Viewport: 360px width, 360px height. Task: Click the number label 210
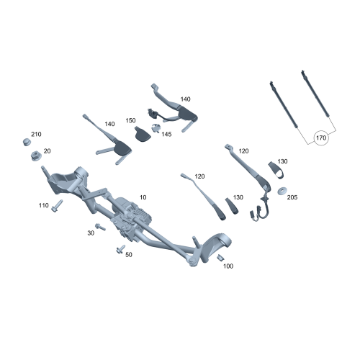[37, 135]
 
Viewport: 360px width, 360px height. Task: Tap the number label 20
[48, 150]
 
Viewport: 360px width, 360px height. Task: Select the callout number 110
[44, 205]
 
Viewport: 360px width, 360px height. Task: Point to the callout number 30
[91, 233]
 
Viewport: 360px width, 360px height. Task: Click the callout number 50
[129, 254]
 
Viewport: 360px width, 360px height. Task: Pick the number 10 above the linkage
[143, 197]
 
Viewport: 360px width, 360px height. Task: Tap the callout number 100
[228, 266]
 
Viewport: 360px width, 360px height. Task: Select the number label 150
[130, 120]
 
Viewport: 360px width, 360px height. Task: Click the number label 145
[166, 134]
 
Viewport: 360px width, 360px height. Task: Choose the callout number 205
[292, 197]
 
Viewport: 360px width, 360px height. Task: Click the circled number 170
[321, 137]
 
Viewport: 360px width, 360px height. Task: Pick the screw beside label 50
[119, 250]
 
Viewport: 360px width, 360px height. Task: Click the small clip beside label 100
[222, 258]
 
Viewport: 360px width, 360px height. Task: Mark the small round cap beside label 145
[155, 129]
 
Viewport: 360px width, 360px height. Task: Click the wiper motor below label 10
[133, 217]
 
